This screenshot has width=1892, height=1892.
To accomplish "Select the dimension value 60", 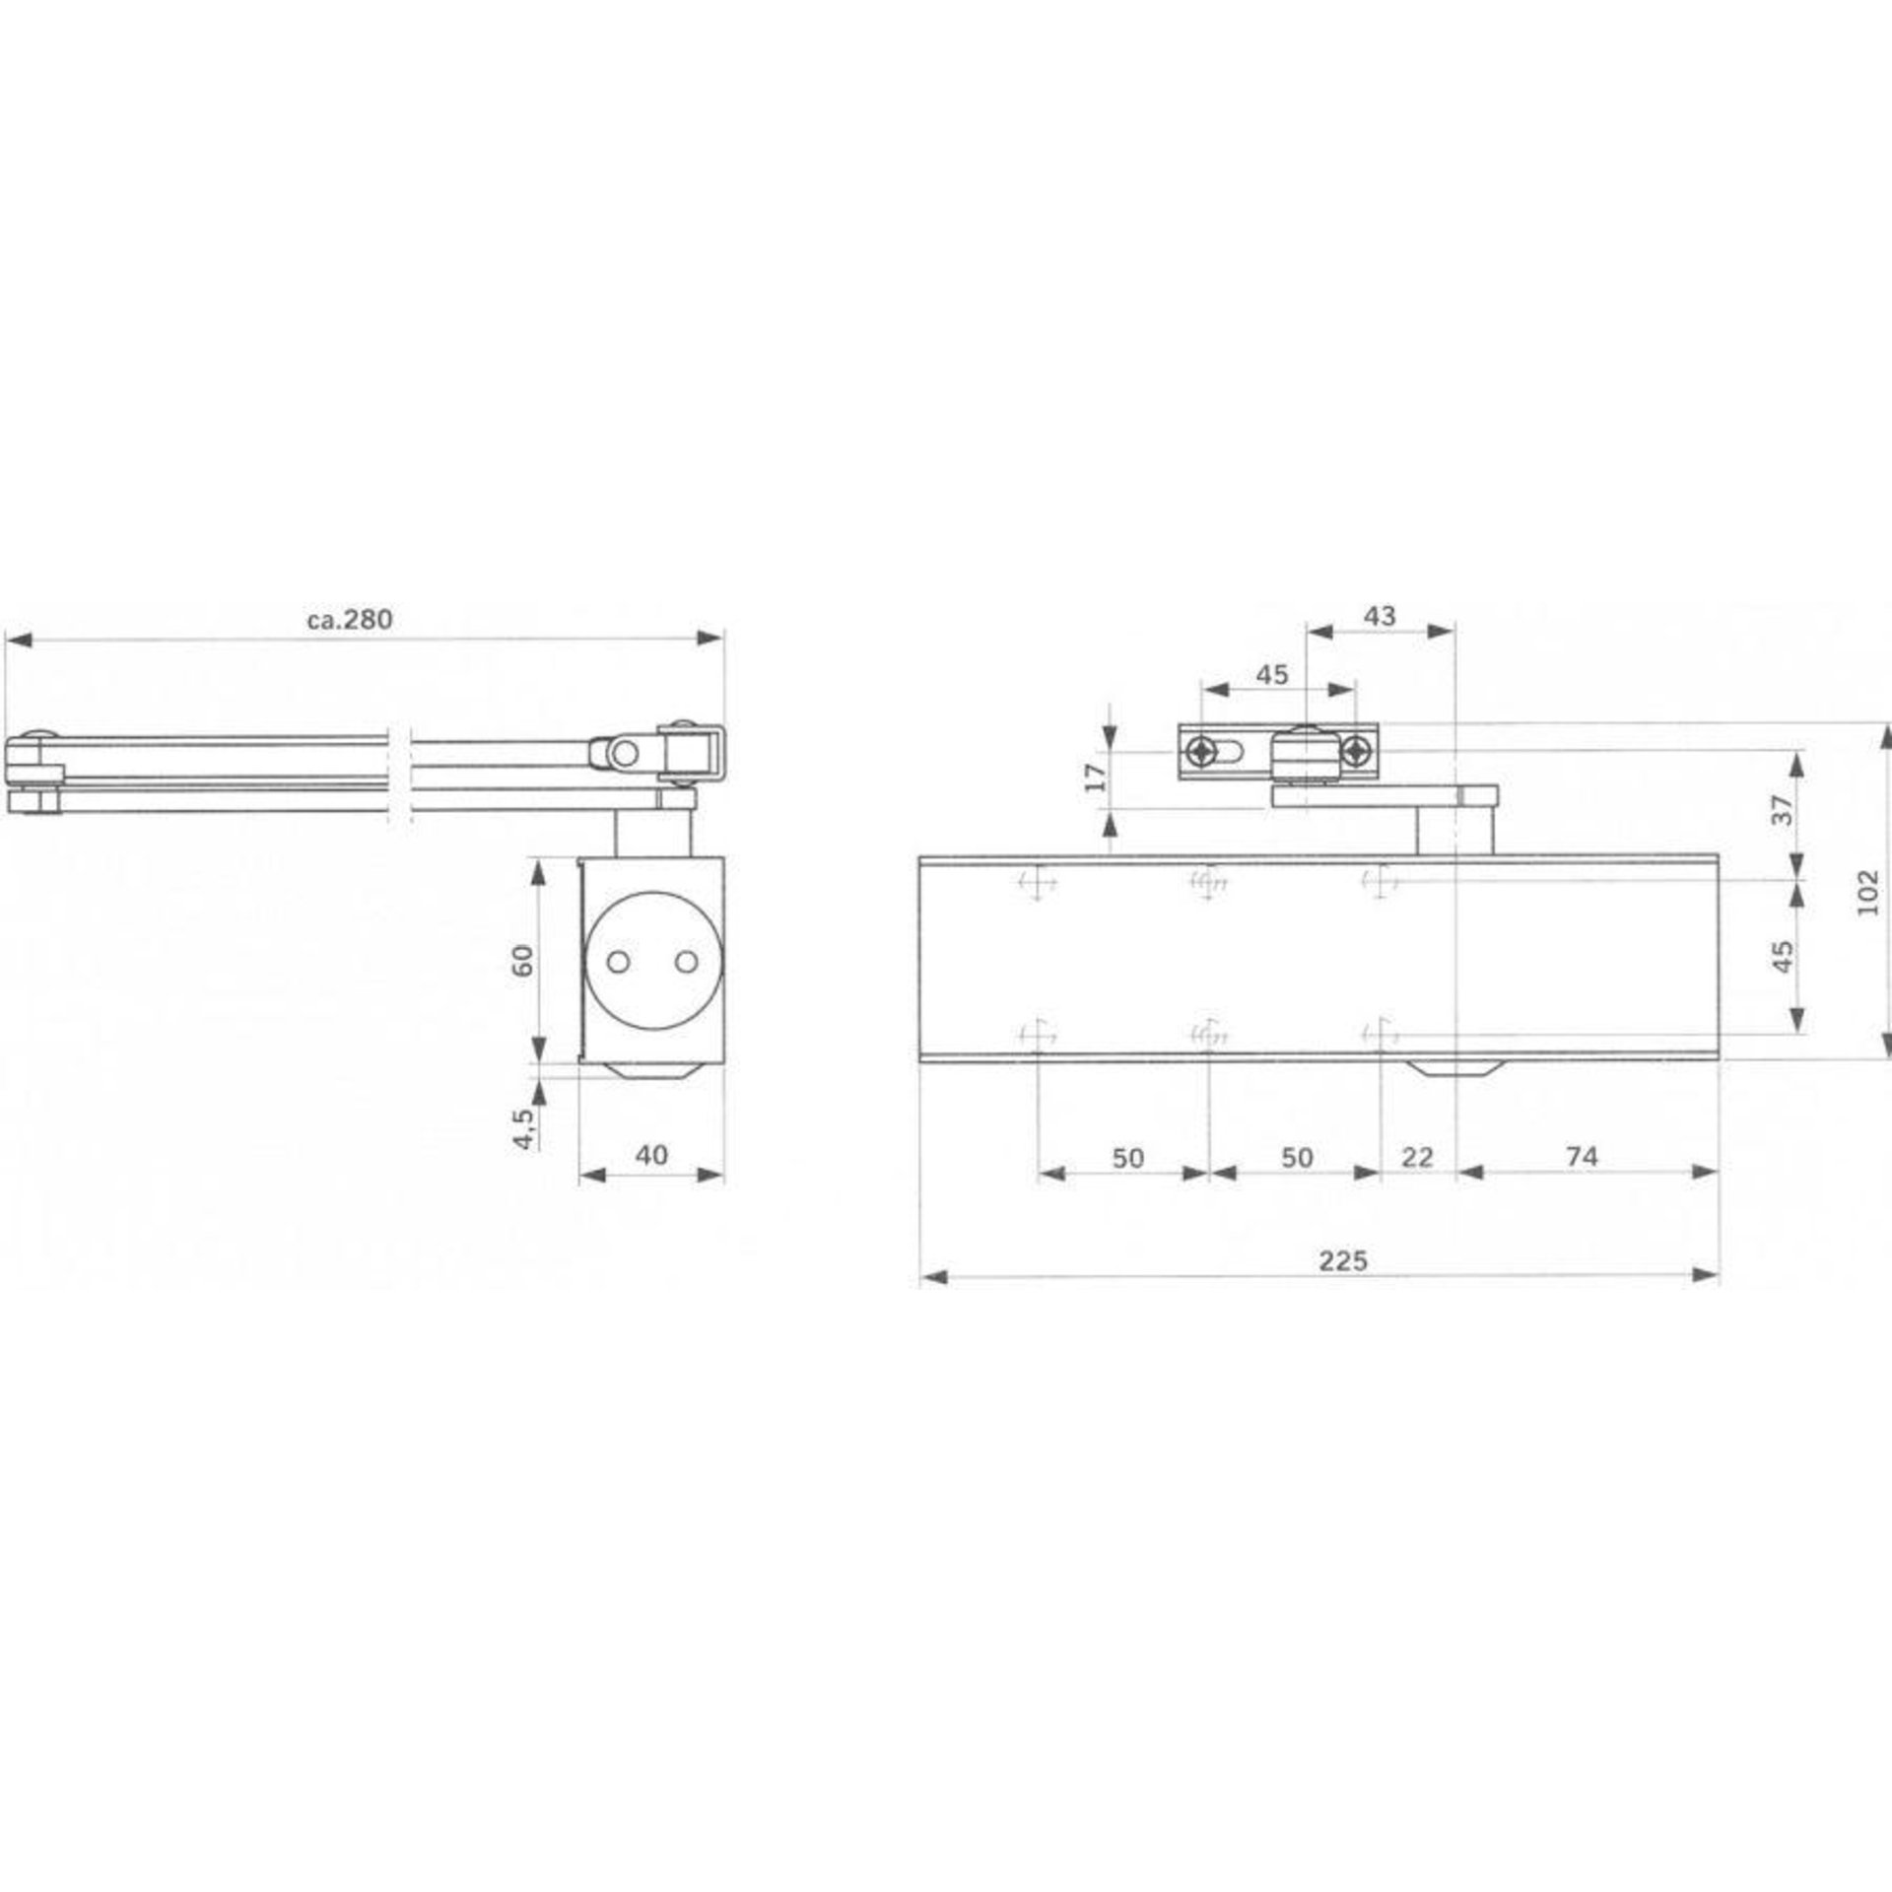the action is pos(523,959).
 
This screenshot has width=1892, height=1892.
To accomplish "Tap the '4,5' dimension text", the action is pos(523,1128).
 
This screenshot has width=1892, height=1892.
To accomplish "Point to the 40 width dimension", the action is pos(651,1154).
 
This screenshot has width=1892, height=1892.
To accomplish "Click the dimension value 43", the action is pos(1380,615).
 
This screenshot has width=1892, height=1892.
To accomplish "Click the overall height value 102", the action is pos(1867,892).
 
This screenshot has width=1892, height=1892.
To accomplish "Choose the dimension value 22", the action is pos(1417,1156).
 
